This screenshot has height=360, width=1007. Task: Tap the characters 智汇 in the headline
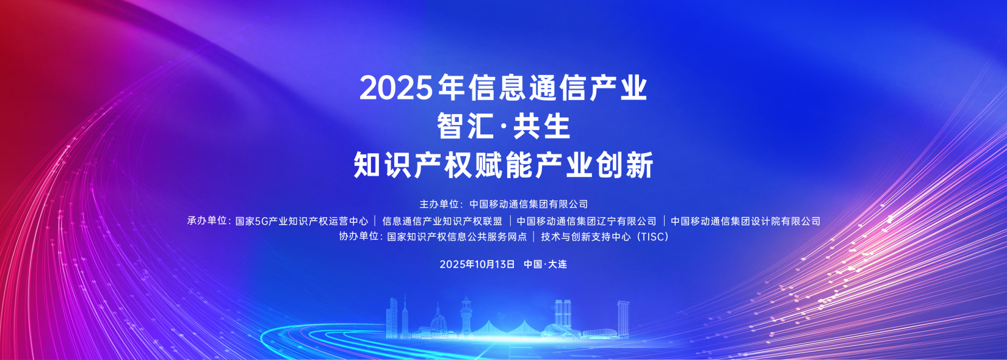tap(463, 126)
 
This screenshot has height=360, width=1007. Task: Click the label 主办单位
tap(439, 204)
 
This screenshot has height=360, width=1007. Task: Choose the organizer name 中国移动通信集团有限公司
tap(529, 204)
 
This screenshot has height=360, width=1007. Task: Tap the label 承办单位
tap(207, 221)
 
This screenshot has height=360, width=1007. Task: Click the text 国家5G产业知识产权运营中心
tap(301, 221)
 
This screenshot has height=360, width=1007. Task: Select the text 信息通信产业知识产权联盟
tap(442, 221)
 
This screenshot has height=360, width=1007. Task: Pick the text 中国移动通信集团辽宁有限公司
tap(587, 221)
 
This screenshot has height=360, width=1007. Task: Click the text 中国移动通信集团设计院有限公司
tap(746, 221)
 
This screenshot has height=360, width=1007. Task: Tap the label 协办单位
tap(358, 236)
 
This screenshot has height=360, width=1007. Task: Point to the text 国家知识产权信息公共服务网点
tap(457, 237)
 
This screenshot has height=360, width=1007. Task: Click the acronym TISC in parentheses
tap(651, 237)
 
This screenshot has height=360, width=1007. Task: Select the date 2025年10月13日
tap(477, 264)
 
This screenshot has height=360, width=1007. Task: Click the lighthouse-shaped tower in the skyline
tap(466, 316)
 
